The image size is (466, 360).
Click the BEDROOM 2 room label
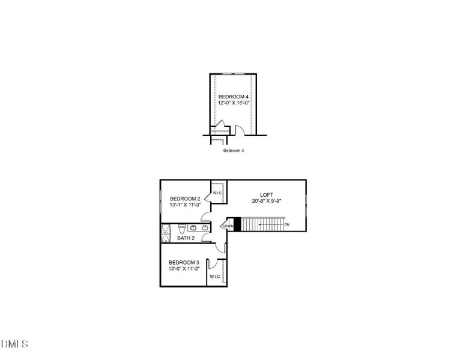184,199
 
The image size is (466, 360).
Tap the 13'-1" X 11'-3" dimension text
184,205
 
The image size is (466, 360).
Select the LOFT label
266,194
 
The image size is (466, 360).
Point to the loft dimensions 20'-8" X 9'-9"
266,201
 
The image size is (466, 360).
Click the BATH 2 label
186,238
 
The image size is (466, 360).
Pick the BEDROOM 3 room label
184,262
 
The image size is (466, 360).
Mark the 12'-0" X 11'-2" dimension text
184,269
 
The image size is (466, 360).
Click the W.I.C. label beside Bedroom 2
217,193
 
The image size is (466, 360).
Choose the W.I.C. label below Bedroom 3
215,277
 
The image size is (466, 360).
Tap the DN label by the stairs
286,224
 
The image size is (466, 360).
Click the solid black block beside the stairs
237,224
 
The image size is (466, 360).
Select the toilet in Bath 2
181,228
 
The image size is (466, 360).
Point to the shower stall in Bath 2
166,233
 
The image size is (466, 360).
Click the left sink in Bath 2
193,227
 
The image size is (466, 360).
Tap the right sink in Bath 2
205,227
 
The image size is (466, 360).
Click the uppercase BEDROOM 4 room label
233,97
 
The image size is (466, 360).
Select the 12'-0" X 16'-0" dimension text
233,103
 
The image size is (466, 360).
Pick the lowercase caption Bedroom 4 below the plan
233,151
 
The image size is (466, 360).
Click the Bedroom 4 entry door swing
239,130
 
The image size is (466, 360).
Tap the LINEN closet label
228,226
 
